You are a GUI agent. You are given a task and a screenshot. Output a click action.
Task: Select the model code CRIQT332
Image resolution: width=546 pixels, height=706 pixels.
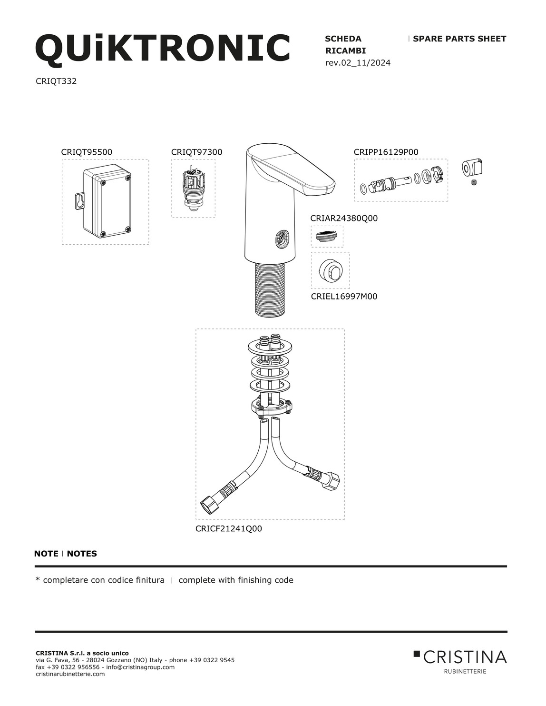[56, 81]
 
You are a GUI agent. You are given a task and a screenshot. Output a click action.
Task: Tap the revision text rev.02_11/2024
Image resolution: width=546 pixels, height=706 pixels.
[358, 63]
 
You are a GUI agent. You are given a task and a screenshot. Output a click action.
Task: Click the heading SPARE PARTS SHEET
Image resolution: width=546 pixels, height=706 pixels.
[459, 39]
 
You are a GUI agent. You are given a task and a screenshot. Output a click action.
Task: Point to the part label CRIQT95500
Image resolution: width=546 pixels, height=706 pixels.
[87, 152]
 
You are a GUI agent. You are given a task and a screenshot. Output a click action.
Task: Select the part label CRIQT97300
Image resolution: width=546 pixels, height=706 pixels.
[197, 152]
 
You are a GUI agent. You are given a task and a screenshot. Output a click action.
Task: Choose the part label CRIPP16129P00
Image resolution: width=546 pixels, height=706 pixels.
[386, 152]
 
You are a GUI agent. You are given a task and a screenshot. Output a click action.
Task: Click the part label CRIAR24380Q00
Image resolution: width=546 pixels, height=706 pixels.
[344, 219]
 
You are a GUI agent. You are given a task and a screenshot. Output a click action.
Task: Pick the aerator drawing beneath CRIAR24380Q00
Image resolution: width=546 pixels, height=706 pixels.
[327, 236]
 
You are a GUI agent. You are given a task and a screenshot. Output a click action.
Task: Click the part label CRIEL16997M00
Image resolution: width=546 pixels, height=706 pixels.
[344, 297]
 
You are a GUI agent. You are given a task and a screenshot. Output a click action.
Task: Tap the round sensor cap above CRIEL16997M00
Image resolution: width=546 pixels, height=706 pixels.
[330, 269]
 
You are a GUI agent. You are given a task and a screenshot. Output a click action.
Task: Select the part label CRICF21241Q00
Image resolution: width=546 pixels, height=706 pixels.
[228, 529]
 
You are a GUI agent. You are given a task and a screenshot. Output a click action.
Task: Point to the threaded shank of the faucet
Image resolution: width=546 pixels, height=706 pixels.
[270, 289]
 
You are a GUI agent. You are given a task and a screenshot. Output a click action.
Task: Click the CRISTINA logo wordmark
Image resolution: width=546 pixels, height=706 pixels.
[465, 657]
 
